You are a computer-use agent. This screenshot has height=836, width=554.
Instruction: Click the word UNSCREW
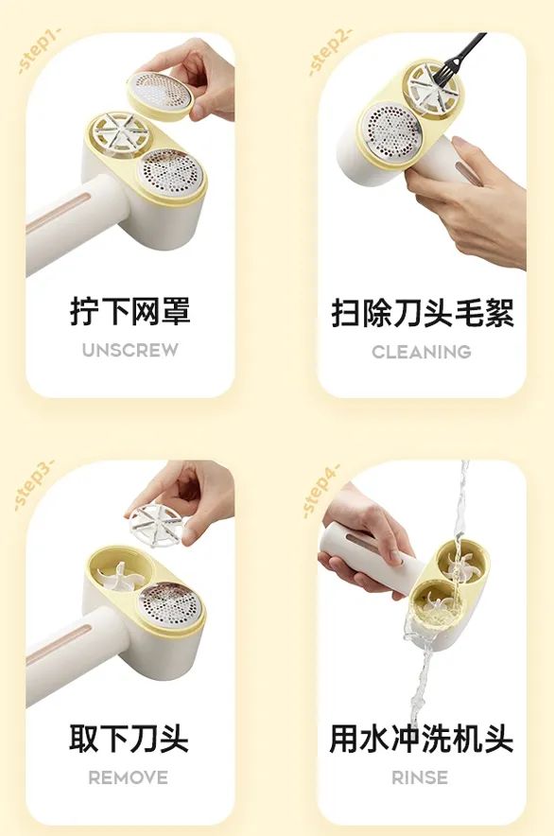pyautogui.click(x=130, y=350)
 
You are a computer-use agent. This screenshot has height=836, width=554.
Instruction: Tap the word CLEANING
pyautogui.click(x=421, y=352)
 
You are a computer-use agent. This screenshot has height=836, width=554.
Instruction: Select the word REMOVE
pyautogui.click(x=129, y=777)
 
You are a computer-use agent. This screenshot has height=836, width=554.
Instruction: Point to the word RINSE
pyautogui.click(x=420, y=777)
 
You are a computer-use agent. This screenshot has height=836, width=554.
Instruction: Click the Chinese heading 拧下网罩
pyautogui.click(x=130, y=311)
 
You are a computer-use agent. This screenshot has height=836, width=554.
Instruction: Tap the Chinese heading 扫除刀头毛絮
pyautogui.click(x=422, y=313)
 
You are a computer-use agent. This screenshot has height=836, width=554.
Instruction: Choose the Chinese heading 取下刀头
pyautogui.click(x=129, y=738)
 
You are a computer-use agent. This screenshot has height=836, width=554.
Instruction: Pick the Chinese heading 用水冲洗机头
pyautogui.click(x=422, y=739)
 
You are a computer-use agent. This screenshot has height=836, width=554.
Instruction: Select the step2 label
pyautogui.click(x=330, y=51)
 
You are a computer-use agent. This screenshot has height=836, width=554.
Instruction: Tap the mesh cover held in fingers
pyautogui.click(x=160, y=93)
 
